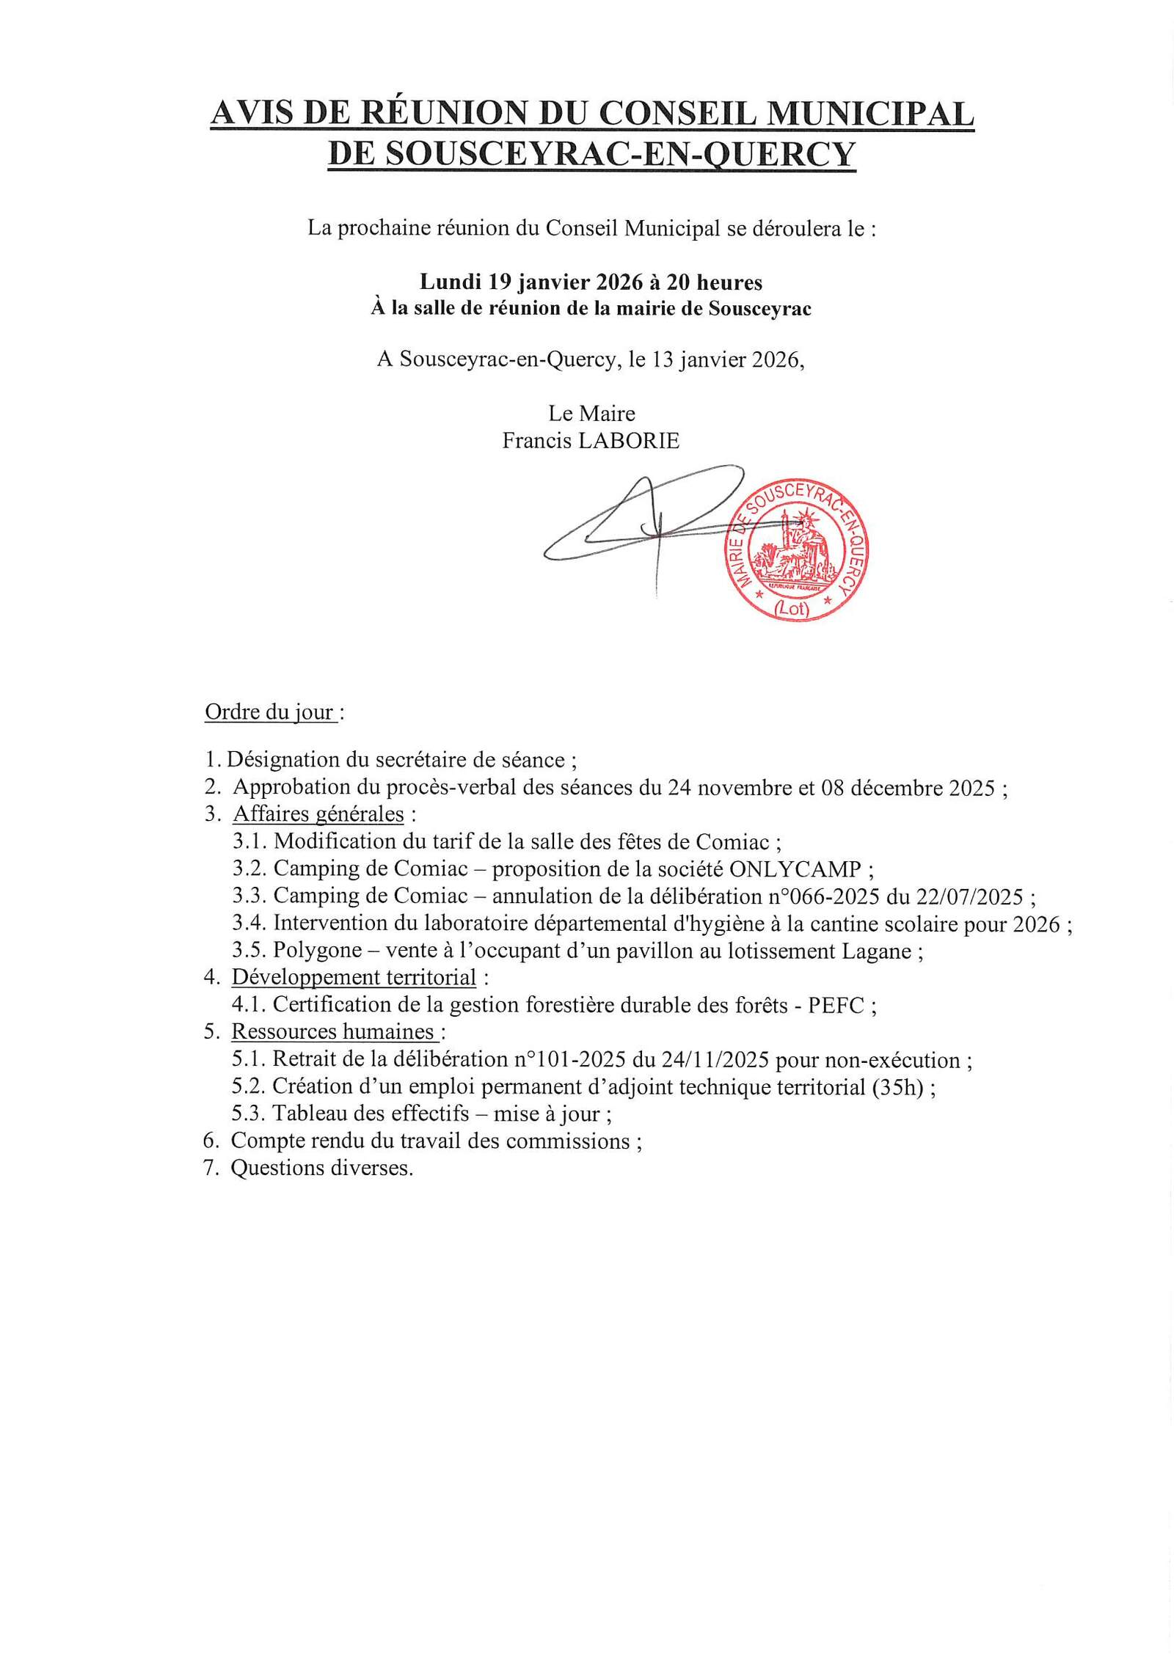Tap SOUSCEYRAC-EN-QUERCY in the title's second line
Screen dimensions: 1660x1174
coord(620,154)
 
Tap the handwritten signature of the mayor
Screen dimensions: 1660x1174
coord(638,524)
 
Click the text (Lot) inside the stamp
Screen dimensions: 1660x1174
coord(792,608)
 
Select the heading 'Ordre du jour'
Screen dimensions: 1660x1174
coord(269,712)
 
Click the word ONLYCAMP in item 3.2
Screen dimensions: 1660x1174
coord(795,869)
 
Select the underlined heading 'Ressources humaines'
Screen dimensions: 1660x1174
coord(333,1031)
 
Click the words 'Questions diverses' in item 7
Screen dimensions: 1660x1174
coord(321,1167)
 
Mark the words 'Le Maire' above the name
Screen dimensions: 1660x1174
coord(591,413)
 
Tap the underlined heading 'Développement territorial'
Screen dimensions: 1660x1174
coord(354,977)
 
